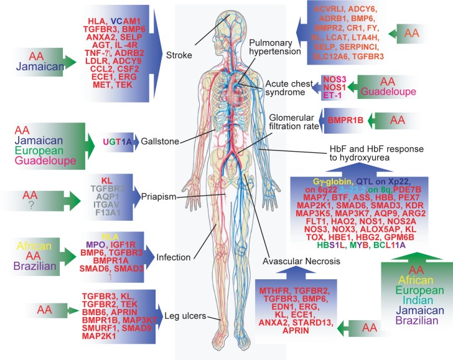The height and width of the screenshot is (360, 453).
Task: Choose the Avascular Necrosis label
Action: (x=293, y=260)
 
